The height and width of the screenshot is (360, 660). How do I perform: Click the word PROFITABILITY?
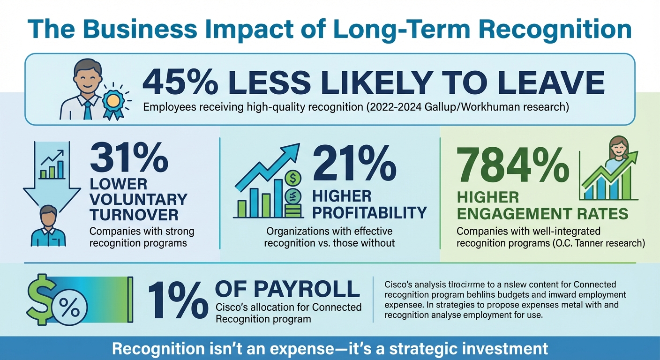click(369, 212)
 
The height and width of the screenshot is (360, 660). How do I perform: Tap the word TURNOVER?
click(134, 215)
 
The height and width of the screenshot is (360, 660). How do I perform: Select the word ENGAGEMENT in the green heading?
click(520, 214)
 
